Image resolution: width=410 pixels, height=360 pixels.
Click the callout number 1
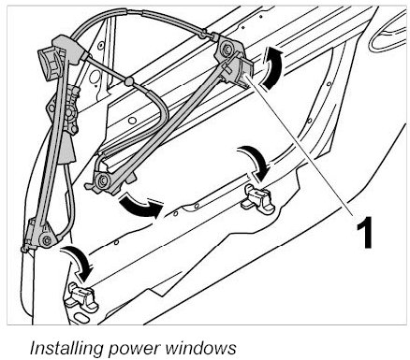click(x=364, y=232)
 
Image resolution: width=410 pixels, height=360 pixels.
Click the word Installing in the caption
click(x=66, y=348)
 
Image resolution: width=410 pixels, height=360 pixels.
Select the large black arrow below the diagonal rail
click(x=140, y=206)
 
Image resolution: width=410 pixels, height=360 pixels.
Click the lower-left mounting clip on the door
click(x=81, y=297)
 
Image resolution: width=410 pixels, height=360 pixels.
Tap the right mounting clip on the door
click(x=257, y=199)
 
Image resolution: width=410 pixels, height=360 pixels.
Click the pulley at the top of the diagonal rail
click(x=226, y=49)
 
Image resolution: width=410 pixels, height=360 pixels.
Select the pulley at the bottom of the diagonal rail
click(x=102, y=180)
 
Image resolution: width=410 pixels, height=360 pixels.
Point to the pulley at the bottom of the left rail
click(x=47, y=240)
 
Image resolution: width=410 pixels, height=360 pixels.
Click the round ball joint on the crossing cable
click(x=128, y=81)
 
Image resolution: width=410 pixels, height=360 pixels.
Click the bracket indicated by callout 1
click(x=240, y=70)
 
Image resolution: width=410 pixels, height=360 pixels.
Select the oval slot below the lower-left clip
click(x=81, y=318)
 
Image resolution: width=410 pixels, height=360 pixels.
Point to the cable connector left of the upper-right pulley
click(x=204, y=33)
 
